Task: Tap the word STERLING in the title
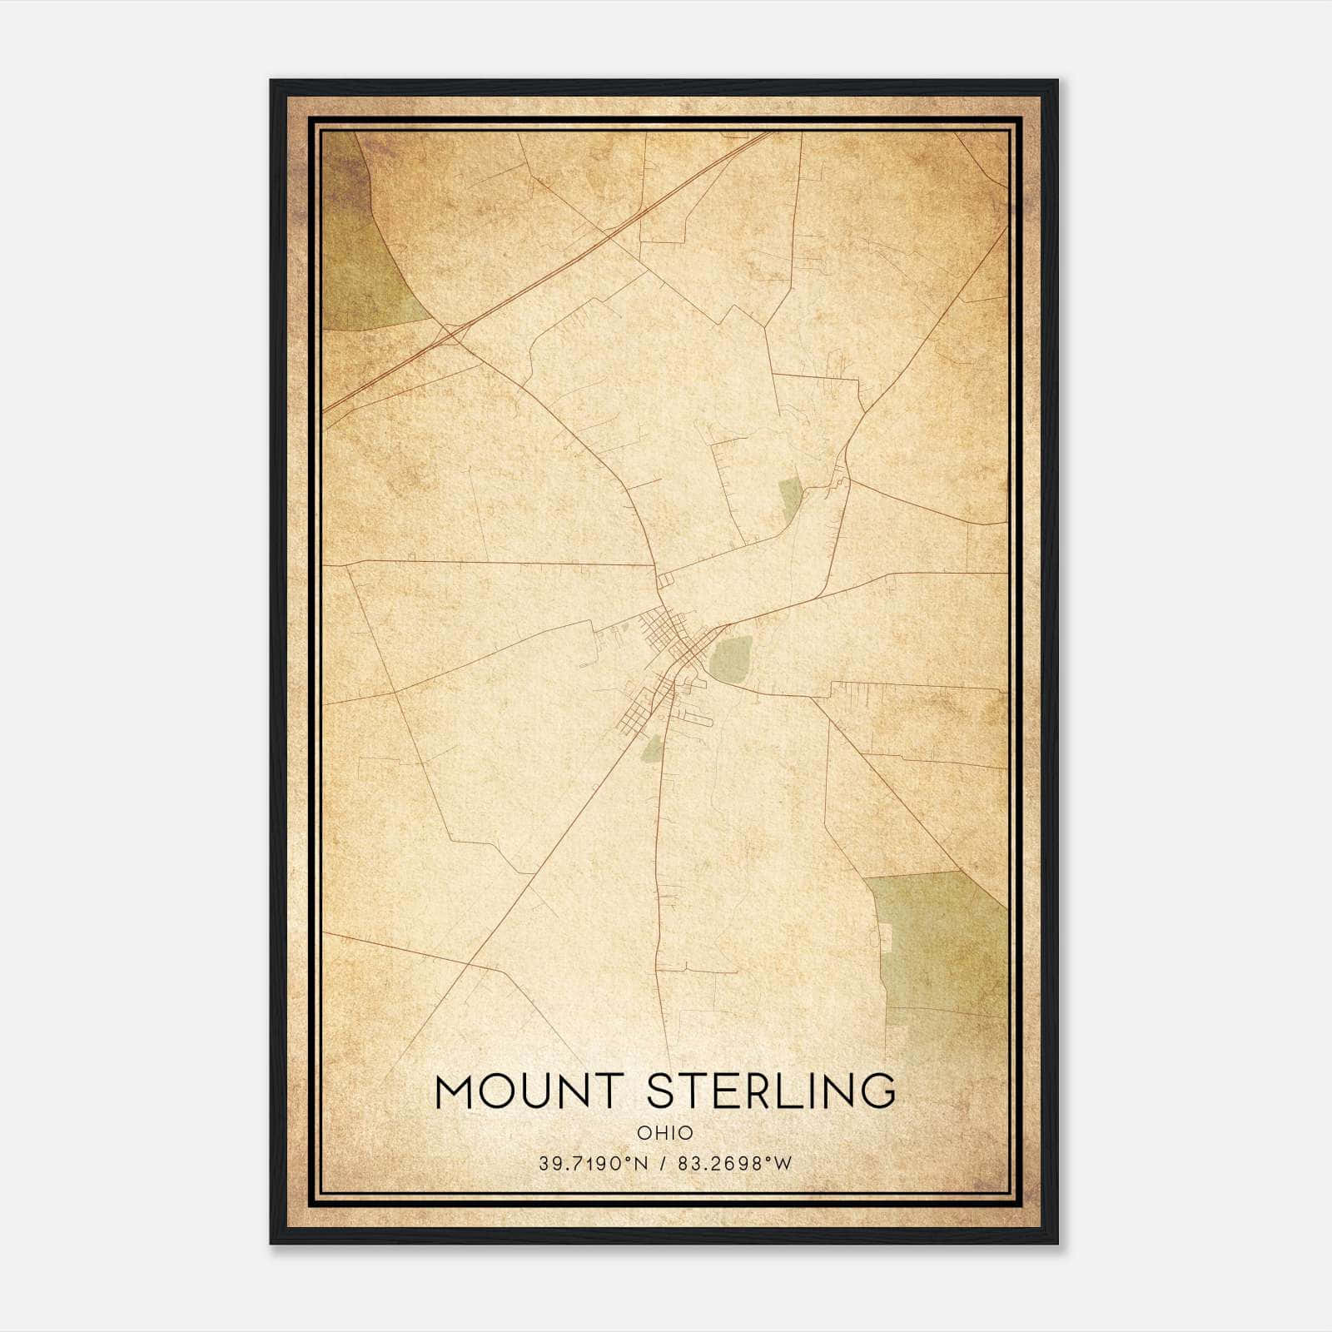pyautogui.click(x=771, y=1091)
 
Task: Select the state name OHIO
pyautogui.click(x=664, y=1132)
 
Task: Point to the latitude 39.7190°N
pyautogui.click(x=592, y=1164)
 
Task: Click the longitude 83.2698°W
pyautogui.click(x=734, y=1164)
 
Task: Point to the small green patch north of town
pyautogui.click(x=790, y=497)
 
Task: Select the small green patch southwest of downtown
pyautogui.click(x=652, y=749)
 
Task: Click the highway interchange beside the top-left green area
pyautogui.click(x=450, y=333)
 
